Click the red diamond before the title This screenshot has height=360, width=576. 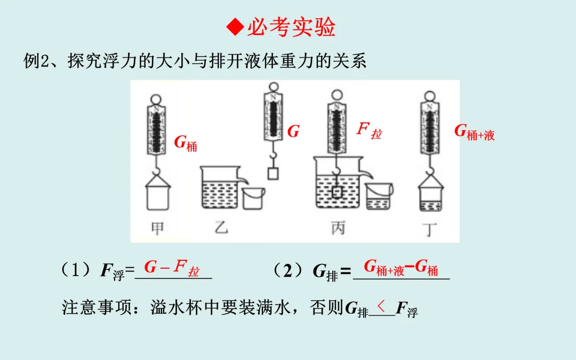(235, 27)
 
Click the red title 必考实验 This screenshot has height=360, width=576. (291, 27)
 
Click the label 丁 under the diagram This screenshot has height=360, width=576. (429, 229)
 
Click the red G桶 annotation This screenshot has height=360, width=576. (186, 143)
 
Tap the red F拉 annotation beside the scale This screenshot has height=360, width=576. (369, 131)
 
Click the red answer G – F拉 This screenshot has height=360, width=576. (172, 267)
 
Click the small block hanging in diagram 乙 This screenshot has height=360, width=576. (273, 173)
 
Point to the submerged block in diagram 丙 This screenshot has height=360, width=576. (337, 193)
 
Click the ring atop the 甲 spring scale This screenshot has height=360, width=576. (156, 100)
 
